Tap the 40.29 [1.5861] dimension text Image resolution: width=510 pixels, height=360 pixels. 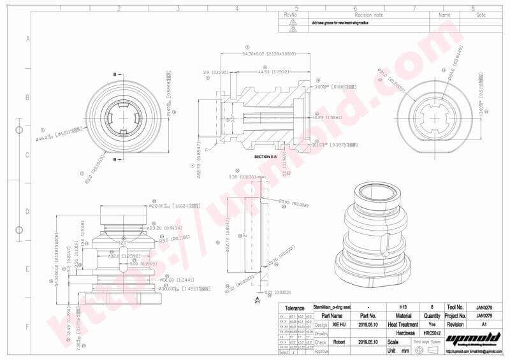[x=326, y=117]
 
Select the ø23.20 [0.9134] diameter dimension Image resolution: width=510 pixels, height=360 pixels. [x=164, y=227]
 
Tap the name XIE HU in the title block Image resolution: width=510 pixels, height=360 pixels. [x=339, y=324]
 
